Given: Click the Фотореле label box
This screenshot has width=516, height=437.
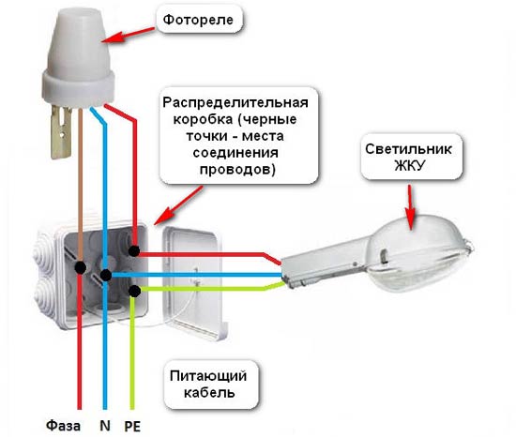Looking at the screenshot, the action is point(200,20).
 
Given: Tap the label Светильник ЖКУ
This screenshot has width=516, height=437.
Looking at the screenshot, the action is point(409,157).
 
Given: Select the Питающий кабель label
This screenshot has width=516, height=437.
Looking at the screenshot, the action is point(209,384).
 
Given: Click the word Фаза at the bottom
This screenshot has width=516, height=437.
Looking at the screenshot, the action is point(63,426).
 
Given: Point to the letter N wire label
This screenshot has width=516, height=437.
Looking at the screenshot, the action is point(105,426).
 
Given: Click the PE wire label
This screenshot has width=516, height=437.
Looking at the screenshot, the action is point(132,427).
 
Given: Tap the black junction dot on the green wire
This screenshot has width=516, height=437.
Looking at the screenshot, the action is point(134,291).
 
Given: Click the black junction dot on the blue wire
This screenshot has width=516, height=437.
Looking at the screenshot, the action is point(106,275).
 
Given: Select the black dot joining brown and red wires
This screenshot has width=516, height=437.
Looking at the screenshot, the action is point(81,267).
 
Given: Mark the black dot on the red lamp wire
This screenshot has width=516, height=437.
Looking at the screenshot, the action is point(134,251).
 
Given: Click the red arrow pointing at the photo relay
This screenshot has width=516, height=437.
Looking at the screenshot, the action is point(129,35).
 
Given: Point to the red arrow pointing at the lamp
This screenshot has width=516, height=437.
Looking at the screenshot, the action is point(410,206).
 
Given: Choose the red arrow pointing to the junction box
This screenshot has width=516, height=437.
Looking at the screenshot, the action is point(177,205).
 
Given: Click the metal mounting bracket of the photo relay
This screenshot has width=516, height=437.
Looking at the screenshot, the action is point(61,132).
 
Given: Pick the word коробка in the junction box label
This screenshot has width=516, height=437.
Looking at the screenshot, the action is point(202,119).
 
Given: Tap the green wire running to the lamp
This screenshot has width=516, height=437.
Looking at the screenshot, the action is point(210,289).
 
